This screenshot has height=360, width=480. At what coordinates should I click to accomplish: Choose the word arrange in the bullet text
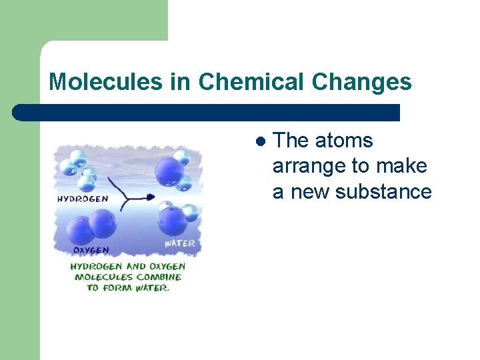tap(305, 166)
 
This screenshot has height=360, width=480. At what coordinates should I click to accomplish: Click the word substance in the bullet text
tap(383, 191)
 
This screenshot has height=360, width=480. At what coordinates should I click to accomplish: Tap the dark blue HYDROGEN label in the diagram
tap(83, 199)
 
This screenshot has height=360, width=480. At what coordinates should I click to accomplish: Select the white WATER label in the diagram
tap(179, 243)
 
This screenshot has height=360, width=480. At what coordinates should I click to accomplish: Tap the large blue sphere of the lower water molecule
tap(173, 221)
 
